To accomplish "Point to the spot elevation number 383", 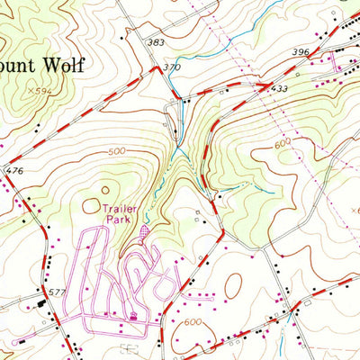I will (157, 42).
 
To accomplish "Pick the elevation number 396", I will (301, 52).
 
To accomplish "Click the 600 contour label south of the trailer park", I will (191, 321).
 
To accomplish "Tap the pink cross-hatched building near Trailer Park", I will (148, 233).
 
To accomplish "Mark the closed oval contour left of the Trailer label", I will (91, 206).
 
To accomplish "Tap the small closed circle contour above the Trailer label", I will (106, 190).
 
